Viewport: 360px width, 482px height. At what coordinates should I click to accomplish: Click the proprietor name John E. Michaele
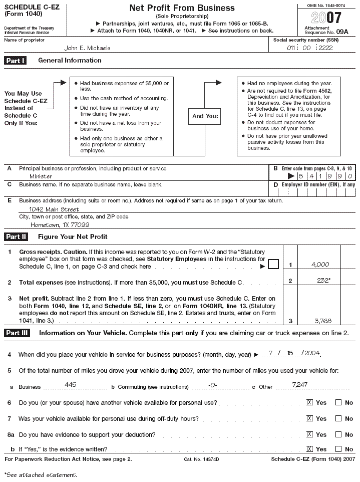[x=87, y=48]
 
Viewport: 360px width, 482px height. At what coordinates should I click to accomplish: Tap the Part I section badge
[x=15, y=61]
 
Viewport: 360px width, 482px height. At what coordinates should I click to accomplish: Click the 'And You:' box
[x=205, y=116]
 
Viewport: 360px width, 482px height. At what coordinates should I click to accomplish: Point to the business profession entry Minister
[x=41, y=176]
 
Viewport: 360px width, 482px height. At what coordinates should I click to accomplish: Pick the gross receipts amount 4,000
[x=320, y=264]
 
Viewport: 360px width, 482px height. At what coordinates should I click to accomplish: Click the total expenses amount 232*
[x=323, y=281]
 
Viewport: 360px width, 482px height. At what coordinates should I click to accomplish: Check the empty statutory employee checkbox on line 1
[x=273, y=265]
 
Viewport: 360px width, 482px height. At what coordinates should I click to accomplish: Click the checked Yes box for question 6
[x=309, y=402]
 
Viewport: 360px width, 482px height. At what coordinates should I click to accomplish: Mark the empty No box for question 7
[x=338, y=418]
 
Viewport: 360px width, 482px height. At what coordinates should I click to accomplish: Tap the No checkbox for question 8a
[x=338, y=434]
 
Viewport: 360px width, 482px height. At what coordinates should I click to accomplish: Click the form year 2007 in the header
[x=326, y=18]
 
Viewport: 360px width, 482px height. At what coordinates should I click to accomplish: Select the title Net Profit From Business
[x=182, y=8]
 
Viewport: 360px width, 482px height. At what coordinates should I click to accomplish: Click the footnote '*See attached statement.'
[x=41, y=474]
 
